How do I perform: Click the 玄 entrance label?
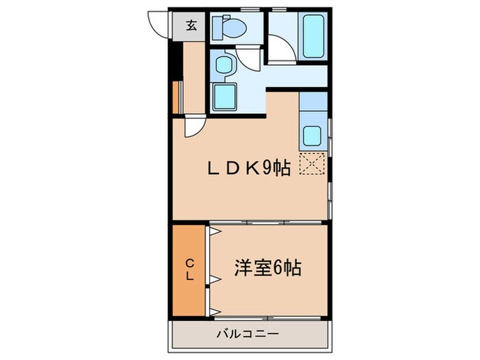[x=192, y=27]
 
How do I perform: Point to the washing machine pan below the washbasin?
[x=225, y=96]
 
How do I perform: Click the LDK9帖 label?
[x=249, y=167]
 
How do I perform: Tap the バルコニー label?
[x=248, y=335]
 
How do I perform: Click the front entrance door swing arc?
[x=159, y=25]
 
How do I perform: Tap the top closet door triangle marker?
[x=215, y=232]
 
